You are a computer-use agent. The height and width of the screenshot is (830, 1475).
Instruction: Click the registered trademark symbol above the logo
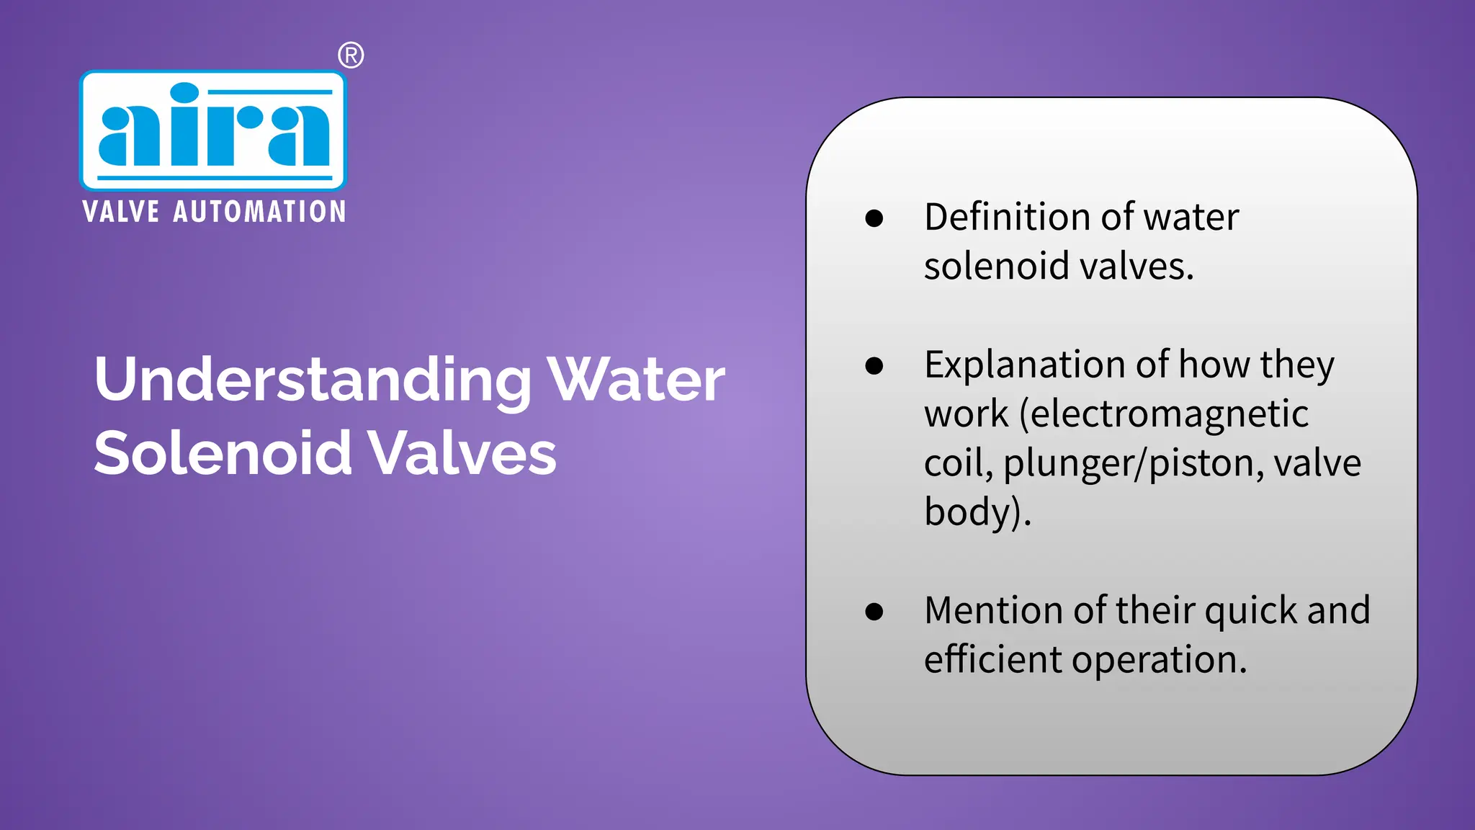click(x=351, y=55)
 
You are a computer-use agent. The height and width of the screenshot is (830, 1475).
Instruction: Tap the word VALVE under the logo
click(x=121, y=212)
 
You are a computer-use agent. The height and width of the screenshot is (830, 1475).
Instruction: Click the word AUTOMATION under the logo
click(x=259, y=212)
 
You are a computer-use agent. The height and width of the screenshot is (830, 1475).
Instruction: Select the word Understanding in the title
click(x=313, y=380)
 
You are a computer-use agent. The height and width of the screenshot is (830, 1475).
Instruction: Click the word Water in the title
click(x=636, y=380)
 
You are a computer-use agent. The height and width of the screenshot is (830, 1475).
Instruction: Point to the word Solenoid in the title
click(x=223, y=454)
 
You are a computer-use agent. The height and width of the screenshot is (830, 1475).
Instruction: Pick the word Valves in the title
click(x=462, y=454)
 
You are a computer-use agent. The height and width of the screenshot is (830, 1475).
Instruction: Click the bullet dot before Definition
click(x=874, y=218)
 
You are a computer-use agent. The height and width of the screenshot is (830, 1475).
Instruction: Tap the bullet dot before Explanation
click(x=874, y=366)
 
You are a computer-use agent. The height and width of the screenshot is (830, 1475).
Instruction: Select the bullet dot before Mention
click(x=874, y=612)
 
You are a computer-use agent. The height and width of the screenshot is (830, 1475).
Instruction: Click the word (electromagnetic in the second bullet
click(x=1164, y=414)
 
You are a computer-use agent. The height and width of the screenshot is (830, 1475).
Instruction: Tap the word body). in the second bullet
click(x=977, y=513)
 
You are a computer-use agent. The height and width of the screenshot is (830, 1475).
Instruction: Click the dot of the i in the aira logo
click(x=184, y=94)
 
